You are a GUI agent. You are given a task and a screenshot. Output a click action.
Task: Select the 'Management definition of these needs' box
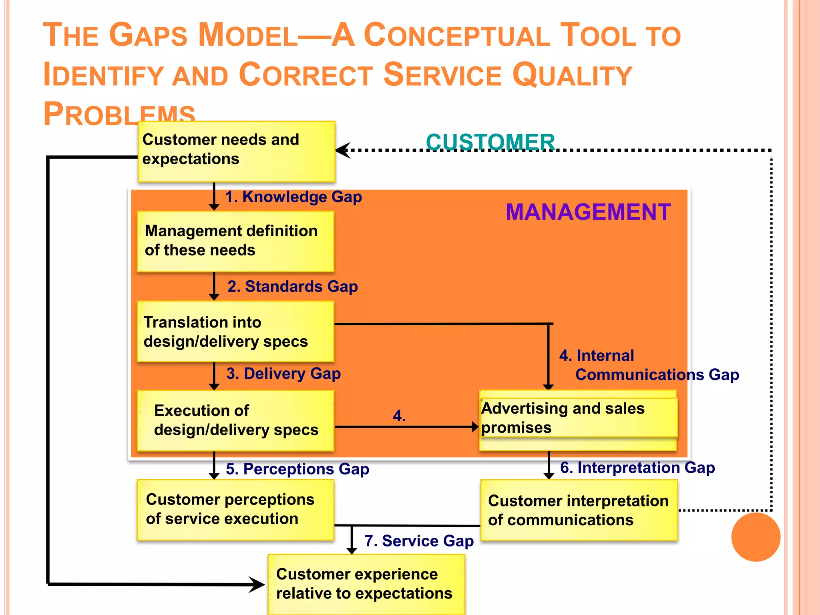(235, 241)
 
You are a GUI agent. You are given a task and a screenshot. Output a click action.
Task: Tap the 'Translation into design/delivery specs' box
(235, 332)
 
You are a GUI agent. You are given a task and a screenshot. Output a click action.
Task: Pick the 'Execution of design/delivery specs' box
(235, 420)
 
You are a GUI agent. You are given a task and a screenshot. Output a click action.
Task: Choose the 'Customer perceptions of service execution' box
(235, 510)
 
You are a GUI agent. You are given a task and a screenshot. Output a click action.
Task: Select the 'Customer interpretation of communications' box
(579, 510)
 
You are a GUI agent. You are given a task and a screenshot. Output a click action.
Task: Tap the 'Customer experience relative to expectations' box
(366, 584)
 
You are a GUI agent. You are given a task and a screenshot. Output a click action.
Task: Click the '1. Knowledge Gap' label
(293, 197)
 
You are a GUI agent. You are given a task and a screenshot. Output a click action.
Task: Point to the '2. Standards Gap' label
(292, 287)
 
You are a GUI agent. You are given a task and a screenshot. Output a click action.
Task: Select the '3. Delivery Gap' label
(283, 374)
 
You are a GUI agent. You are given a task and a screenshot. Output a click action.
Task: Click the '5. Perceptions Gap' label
(297, 469)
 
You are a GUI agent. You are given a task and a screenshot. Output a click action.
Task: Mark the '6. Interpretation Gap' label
(637, 468)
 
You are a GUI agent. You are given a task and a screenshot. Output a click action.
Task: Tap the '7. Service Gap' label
(419, 541)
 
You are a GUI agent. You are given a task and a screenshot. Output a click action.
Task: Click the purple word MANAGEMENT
(588, 212)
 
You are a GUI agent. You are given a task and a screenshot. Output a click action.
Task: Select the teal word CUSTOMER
(490, 142)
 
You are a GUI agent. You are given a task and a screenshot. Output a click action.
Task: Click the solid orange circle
(756, 537)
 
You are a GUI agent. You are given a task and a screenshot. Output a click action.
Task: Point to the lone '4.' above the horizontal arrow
(399, 416)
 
